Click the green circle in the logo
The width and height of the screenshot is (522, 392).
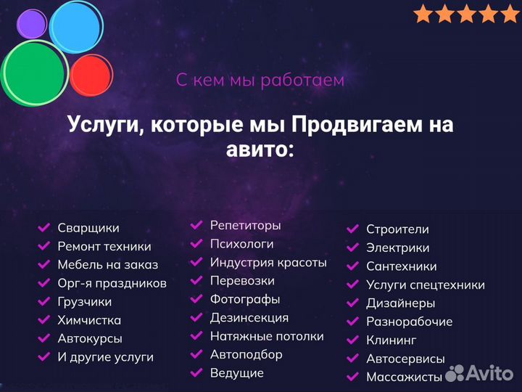pos(34,70)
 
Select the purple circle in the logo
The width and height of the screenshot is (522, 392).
pos(31,24)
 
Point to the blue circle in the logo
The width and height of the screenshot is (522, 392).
pos(76,27)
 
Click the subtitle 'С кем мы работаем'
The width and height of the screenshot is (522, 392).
pos(260,80)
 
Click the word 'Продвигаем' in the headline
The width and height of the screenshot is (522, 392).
pos(353,124)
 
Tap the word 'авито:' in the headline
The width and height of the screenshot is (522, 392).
pos(260,150)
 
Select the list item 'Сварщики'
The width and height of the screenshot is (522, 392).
pos(88,228)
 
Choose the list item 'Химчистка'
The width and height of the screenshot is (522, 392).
pos(89,320)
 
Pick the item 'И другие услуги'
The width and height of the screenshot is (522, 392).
pos(106,357)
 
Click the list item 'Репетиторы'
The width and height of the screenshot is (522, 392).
pos(245,226)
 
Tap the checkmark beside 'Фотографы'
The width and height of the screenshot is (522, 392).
pos(196,299)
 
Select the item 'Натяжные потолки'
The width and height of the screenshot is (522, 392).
pos(267,336)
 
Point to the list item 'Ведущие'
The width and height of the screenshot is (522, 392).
pos(236,373)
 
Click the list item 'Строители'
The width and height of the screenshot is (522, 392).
pos(397,229)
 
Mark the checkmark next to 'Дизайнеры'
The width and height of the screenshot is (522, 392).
pos(353,303)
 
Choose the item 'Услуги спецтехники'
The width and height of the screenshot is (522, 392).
pos(425,285)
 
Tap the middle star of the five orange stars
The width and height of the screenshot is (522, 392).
pos(468,14)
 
